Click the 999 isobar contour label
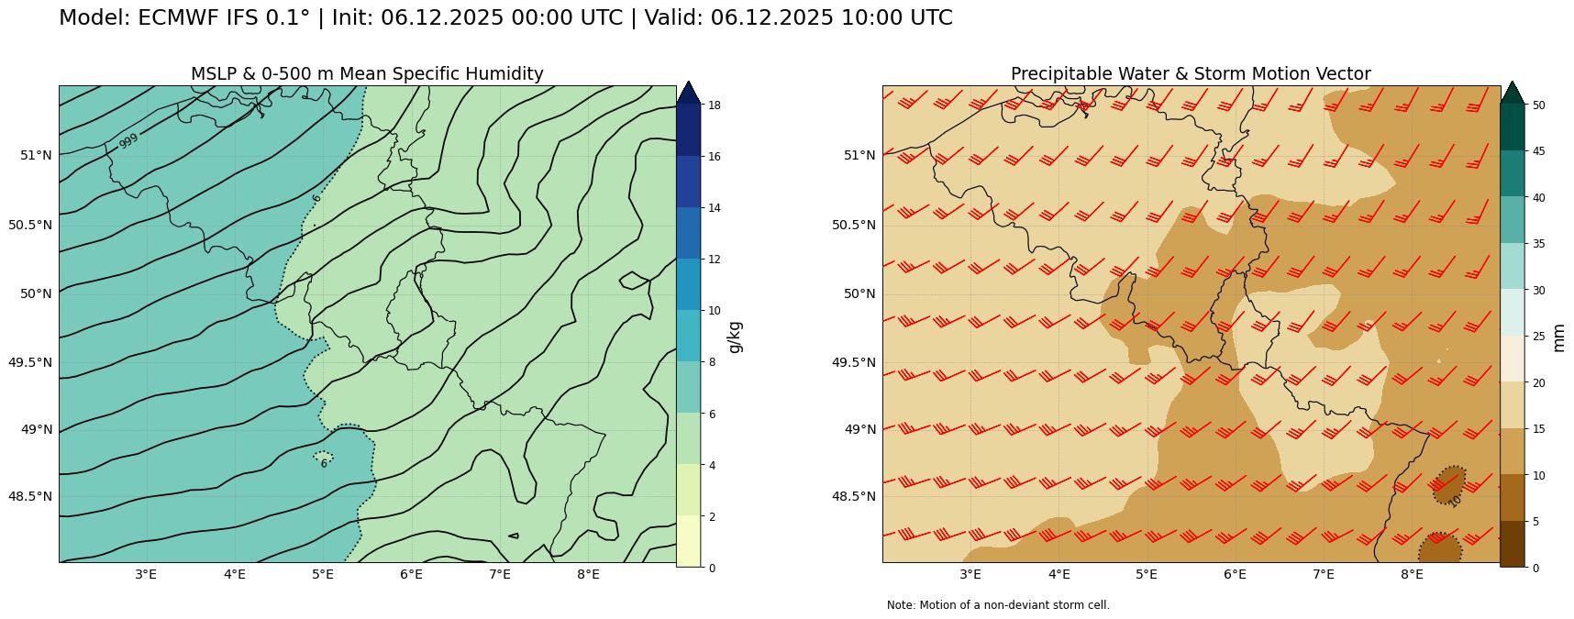[128, 140]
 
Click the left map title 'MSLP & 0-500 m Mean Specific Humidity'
[367, 74]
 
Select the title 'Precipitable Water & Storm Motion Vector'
[1191, 74]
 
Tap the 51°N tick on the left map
[36, 155]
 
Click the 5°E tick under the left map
[322, 575]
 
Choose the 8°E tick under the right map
[1412, 575]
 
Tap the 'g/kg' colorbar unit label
[735, 337]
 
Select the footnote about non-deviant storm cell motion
[998, 605]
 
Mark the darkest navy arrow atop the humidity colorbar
[688, 94]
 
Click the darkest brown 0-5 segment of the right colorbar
[1512, 544]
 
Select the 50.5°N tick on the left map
[30, 225]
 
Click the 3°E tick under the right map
[970, 575]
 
